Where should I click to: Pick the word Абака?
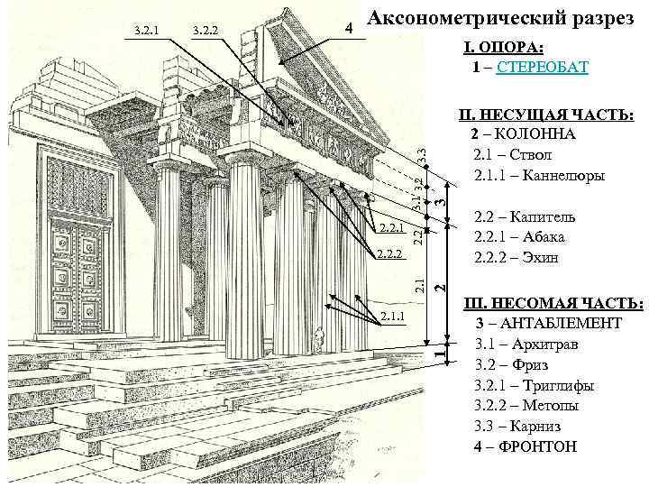tap(544, 237)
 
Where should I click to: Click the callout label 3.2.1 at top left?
tap(146, 32)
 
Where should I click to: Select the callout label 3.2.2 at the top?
tap(207, 32)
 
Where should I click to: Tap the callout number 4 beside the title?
tap(350, 29)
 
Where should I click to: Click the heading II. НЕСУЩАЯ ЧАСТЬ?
tap(546, 115)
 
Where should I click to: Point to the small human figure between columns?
tap(318, 342)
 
